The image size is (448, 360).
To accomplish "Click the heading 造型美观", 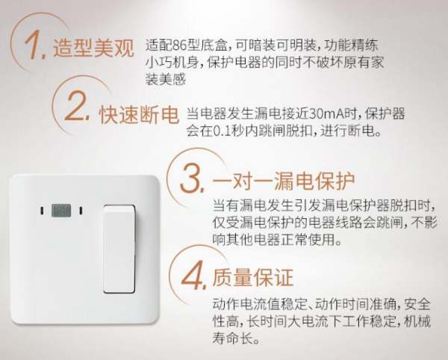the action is click(x=93, y=48).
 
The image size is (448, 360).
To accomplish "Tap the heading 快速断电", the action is click(x=139, y=115).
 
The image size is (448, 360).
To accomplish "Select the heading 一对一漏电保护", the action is click(x=284, y=181).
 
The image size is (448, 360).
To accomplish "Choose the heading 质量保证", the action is click(x=252, y=277).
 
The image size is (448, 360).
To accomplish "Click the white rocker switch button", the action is click(x=119, y=249).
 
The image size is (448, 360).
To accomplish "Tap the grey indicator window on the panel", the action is click(x=61, y=211).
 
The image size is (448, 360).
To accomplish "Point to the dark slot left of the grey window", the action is click(x=42, y=211).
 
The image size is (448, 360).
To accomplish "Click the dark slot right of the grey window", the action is click(x=81, y=211).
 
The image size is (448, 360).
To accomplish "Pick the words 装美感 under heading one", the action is click(x=166, y=79).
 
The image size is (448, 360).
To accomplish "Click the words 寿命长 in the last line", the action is click(x=232, y=338).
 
